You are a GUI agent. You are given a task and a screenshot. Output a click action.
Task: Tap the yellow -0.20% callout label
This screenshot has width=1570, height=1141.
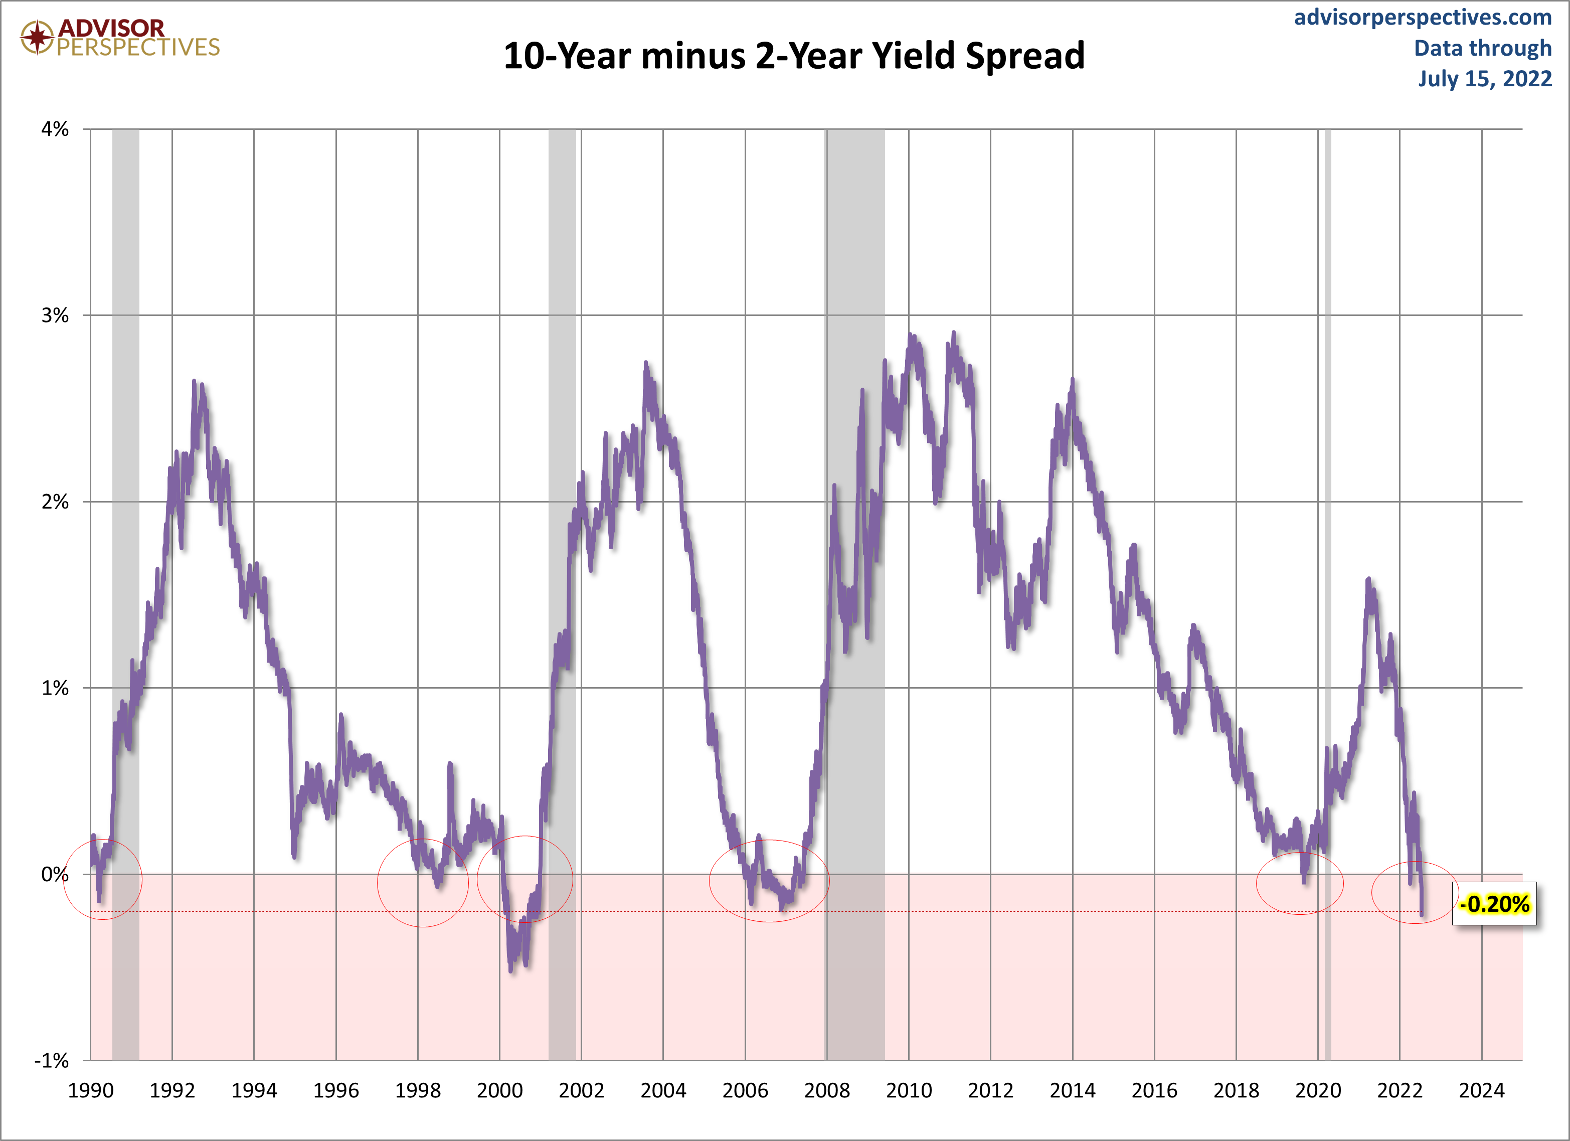[x=1494, y=904]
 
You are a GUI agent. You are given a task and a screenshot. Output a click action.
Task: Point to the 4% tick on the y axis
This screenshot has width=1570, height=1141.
[x=55, y=129]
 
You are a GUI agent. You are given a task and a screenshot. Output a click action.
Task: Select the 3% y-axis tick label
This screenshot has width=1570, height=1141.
[x=55, y=315]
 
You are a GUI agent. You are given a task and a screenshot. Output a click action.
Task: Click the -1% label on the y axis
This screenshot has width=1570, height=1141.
[x=53, y=1061]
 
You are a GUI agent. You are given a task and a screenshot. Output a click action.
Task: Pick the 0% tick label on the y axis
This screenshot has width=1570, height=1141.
[x=55, y=875]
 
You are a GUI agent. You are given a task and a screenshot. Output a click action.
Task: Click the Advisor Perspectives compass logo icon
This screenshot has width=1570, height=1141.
[x=37, y=37]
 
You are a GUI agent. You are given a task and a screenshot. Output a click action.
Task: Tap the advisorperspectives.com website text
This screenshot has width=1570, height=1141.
[x=1423, y=18]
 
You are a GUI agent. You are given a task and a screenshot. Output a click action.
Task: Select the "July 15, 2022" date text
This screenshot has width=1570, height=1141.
[x=1485, y=79]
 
